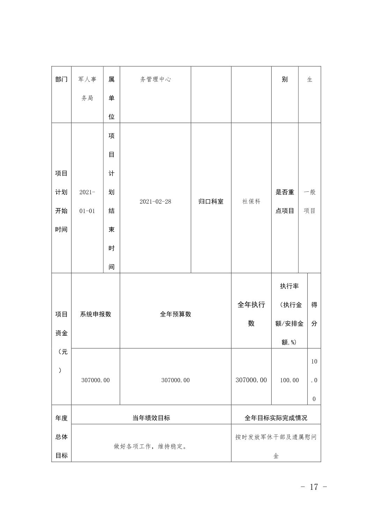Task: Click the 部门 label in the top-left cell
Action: pos(61,79)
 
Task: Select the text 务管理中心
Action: pos(155,79)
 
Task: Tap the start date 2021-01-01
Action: pos(87,202)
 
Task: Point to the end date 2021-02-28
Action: pos(155,202)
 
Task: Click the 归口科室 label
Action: pos(211,202)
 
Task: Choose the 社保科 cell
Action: pos(251,202)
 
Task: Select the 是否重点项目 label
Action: pos(285,202)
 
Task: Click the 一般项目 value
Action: pos(309,202)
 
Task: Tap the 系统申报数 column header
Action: pos(95,314)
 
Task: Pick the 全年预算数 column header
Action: pos(175,314)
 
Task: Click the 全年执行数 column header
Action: pos(251,314)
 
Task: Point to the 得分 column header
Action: pos(314,314)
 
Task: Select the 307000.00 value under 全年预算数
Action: pos(175,380)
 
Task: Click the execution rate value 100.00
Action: pos(289,380)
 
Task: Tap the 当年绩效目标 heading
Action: pos(151,418)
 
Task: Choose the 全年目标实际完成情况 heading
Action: pos(276,418)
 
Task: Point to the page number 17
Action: pos(314,487)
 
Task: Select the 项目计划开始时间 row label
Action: pos(61,202)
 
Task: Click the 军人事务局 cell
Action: pos(87,89)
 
